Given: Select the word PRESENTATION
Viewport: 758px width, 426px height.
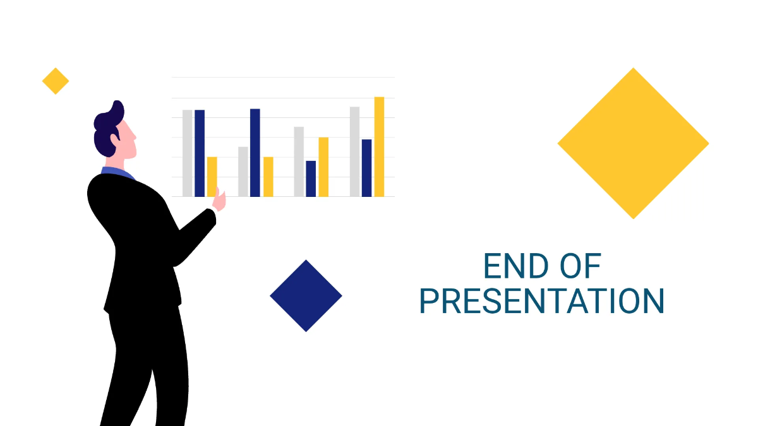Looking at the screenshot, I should click(x=542, y=302).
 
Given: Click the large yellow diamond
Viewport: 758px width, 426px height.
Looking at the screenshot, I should click(x=633, y=143).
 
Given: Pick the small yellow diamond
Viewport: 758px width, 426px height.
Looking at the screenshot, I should click(x=56, y=81).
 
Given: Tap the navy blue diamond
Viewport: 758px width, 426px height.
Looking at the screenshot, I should click(x=306, y=295).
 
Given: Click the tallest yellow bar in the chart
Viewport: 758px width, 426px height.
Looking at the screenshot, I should click(x=379, y=146).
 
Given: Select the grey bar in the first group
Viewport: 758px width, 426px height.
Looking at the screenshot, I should click(x=188, y=153).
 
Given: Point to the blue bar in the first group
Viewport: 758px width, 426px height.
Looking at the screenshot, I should click(x=200, y=153).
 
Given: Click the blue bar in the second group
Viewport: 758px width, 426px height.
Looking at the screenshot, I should click(x=255, y=153).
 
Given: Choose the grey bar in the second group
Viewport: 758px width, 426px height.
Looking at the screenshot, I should click(x=243, y=172).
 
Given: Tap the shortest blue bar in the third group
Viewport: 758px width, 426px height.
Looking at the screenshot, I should click(x=311, y=179).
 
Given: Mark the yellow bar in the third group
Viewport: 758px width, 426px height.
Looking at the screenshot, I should click(x=323, y=167).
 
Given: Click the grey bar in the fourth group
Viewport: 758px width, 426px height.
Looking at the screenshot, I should click(x=355, y=151).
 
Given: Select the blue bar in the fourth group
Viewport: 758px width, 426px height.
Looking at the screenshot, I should click(x=366, y=168).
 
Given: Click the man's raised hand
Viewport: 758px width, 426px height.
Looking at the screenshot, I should click(x=220, y=200).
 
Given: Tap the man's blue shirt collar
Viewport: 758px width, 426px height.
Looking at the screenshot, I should click(x=117, y=172).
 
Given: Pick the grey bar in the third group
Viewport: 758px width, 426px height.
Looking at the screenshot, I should click(x=299, y=162).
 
